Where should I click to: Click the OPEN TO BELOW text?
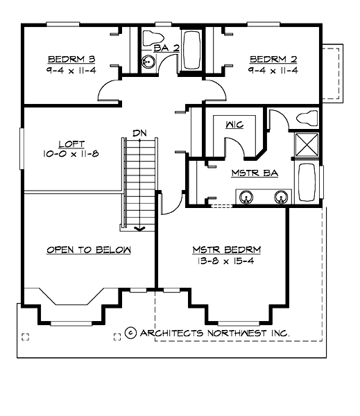89,250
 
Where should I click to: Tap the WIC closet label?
233,125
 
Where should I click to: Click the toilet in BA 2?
154,37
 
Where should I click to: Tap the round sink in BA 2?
148,62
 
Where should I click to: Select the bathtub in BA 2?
192,49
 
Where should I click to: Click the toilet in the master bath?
306,118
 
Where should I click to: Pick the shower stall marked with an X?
306,144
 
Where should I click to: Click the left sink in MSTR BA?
246,197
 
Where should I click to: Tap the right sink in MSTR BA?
281,197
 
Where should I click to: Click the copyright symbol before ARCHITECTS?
132,333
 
